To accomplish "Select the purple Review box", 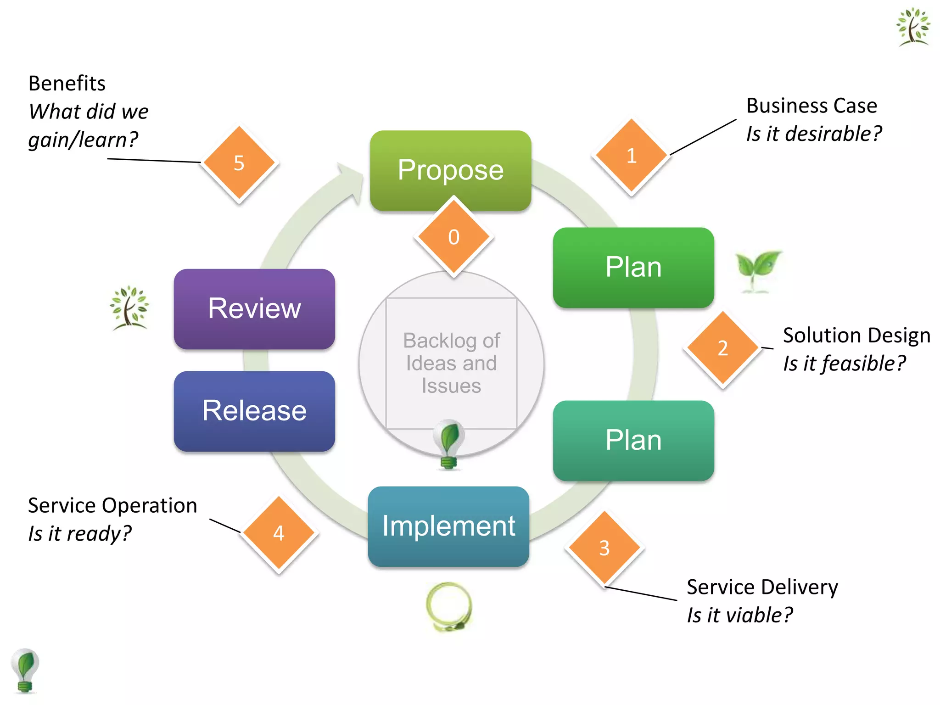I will point(254,308).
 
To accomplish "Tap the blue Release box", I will point(254,411).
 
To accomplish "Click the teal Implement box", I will point(448,526).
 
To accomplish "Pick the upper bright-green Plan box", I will point(633,267).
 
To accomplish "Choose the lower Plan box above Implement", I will point(633,440).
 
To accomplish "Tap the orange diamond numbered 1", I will point(631,156).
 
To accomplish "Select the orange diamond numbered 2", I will point(722,348).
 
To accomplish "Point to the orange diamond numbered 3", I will point(604,548).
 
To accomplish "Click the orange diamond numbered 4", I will point(279,533).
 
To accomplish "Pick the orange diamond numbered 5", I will point(239,163).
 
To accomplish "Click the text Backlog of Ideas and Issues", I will point(451,363).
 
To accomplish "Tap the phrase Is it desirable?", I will point(813,134).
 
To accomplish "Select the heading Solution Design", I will point(856,336).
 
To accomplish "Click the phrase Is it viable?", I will point(739,615).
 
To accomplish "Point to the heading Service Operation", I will point(112,505).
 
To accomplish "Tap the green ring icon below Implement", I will point(449,606).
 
